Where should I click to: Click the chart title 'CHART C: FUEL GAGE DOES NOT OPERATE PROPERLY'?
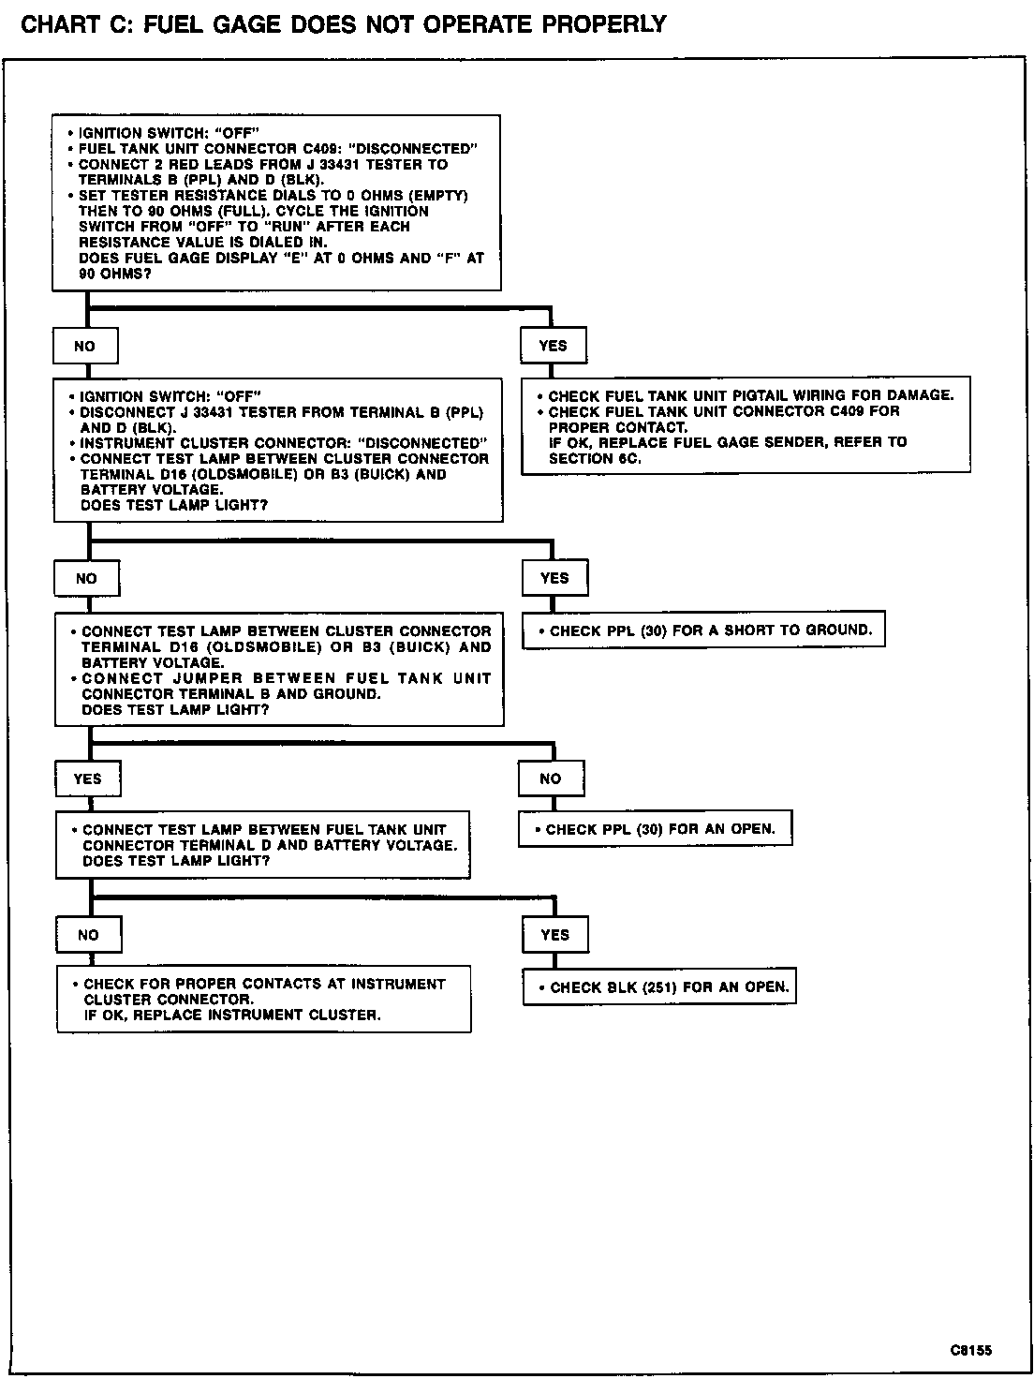(x=343, y=24)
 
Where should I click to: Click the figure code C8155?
(x=970, y=1350)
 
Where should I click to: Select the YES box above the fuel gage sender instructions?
(x=553, y=346)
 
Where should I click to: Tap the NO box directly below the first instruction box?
(x=84, y=347)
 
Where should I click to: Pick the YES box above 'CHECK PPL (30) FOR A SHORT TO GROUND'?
(x=554, y=578)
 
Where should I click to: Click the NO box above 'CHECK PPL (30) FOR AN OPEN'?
(x=551, y=778)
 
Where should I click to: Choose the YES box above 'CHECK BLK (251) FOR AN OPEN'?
(x=554, y=934)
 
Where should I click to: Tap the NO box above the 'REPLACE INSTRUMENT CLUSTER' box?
(x=88, y=935)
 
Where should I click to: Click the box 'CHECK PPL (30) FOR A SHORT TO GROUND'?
(x=702, y=630)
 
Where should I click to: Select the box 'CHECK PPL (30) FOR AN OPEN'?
(x=655, y=829)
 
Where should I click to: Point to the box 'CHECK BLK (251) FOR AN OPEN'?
(x=659, y=986)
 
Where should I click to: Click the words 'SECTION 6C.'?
(x=595, y=458)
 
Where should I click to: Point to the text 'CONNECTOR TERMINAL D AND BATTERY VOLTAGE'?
(x=270, y=845)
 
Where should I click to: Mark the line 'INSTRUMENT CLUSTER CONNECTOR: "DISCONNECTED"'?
(x=284, y=443)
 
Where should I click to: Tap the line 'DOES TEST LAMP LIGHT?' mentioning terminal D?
(x=176, y=861)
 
